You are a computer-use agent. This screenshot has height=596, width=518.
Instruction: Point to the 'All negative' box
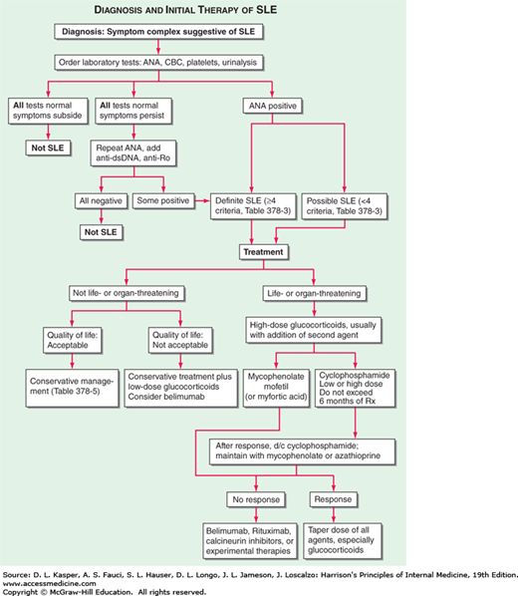tap(99, 198)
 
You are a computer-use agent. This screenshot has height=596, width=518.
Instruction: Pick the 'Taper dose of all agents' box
tap(365, 533)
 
